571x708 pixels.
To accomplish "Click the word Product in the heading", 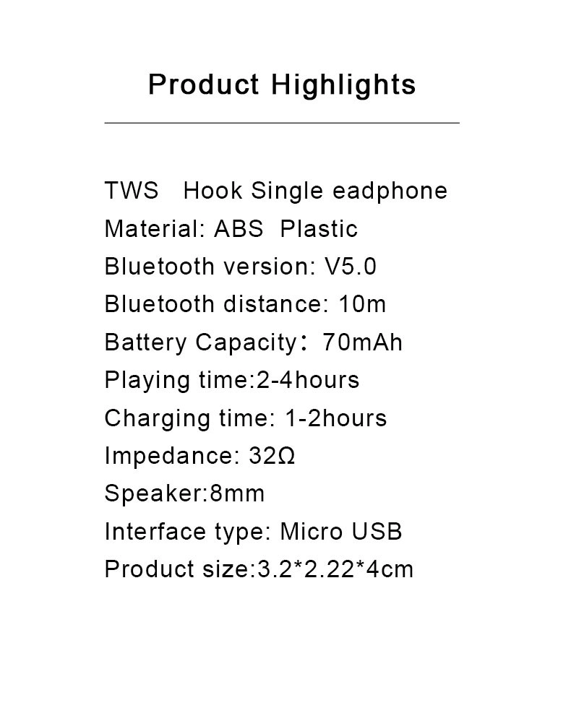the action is [204, 84].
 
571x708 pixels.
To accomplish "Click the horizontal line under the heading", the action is [282, 122].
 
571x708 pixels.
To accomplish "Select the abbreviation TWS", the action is [132, 191].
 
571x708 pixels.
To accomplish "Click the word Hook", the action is [212, 191].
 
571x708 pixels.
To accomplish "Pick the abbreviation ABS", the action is [239, 229].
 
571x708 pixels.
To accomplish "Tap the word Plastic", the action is [319, 228].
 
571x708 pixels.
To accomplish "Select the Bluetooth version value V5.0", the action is [351, 267].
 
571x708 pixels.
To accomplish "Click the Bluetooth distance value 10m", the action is [362, 304].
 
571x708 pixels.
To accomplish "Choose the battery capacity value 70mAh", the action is [362, 342].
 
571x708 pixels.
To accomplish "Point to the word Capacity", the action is [246, 344].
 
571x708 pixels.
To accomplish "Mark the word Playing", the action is [147, 381].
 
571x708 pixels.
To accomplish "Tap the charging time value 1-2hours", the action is [335, 418].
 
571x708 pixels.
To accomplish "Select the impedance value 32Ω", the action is [272, 456].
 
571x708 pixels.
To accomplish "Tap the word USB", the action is [377, 531].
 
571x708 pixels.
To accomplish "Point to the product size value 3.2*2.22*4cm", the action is [335, 569].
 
